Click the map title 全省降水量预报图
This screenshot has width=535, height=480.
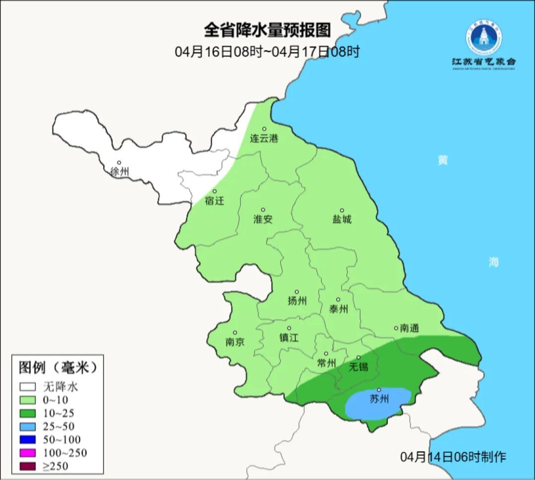point(267,30)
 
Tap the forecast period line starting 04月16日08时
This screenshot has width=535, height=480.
point(267,52)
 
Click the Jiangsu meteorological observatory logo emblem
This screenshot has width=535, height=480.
point(483,37)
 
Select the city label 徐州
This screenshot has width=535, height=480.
point(120,172)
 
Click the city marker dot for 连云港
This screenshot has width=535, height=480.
point(264,129)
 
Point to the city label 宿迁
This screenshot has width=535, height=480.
point(214,201)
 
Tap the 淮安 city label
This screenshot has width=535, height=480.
point(263,219)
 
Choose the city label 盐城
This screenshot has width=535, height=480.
point(341,219)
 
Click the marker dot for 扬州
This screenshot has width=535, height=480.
point(297,292)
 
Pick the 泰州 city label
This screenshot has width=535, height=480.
point(338,310)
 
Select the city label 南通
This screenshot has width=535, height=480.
point(409,328)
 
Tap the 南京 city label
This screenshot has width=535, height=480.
point(235,342)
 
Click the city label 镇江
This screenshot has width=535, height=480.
point(289,338)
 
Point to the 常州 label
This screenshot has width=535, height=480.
point(326,364)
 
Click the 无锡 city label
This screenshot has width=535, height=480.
point(359,367)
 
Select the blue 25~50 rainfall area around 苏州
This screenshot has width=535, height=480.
point(379,404)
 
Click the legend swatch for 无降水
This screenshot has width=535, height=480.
point(28,386)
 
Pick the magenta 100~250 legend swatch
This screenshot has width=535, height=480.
point(28,453)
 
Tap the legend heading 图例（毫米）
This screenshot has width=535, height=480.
point(57,368)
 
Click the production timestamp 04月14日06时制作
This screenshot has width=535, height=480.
point(453,457)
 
